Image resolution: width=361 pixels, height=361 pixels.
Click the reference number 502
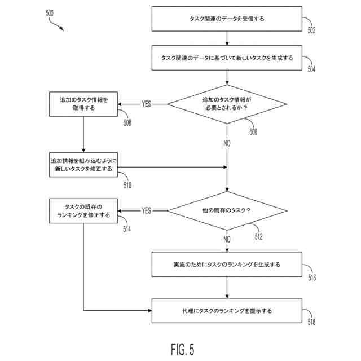click(311, 30)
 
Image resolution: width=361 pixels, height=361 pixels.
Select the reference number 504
click(311, 69)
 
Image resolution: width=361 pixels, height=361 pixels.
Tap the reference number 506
click(253, 131)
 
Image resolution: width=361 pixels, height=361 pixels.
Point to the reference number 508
click(127, 123)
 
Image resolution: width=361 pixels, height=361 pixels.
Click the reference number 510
click(127, 185)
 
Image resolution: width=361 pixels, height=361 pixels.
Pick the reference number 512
click(258, 236)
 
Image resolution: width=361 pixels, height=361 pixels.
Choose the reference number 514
click(127, 229)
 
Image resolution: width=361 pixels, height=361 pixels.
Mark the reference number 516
click(312, 278)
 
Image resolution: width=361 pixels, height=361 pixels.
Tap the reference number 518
click(311, 322)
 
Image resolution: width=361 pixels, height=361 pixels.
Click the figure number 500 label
click(50, 13)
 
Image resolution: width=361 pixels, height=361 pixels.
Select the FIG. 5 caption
click(183, 349)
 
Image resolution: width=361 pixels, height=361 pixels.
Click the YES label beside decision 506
click(147, 104)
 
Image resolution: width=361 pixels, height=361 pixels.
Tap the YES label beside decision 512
click(147, 210)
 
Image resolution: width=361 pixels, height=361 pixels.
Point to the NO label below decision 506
click(227, 143)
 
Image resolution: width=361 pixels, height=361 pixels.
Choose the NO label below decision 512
click(227, 239)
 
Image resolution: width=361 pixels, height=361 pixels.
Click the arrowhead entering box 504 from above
click(227, 43)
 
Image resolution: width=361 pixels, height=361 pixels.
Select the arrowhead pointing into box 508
click(120, 104)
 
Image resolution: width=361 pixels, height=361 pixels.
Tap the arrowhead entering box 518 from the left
click(149, 311)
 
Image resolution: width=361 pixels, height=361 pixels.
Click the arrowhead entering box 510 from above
click(83, 151)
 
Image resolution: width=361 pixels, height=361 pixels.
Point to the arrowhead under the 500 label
click(61, 29)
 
